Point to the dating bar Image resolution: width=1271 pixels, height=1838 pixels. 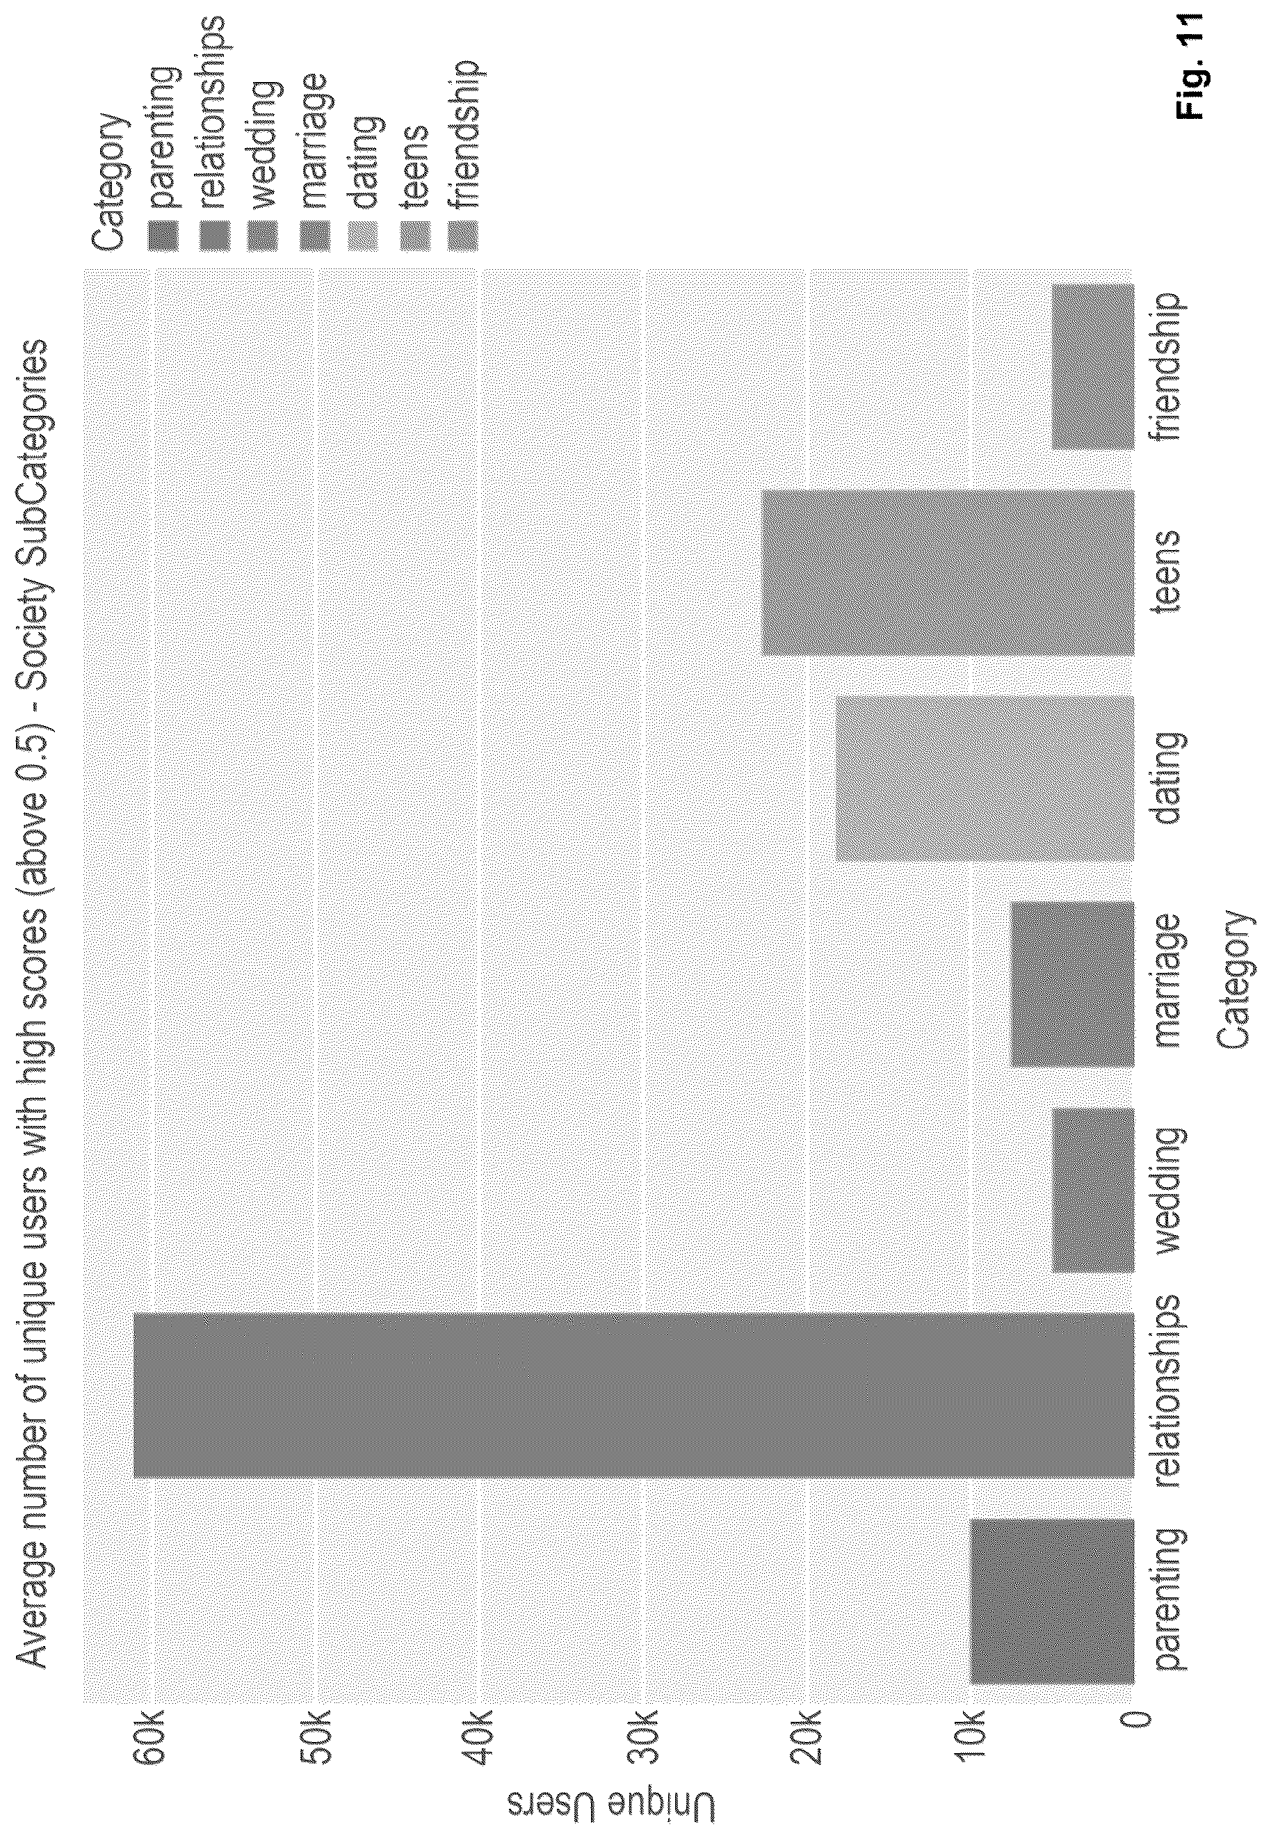pos(985,778)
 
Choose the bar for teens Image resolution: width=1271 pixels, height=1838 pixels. pos(948,572)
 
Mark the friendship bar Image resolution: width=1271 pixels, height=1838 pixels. pos(1092,366)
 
